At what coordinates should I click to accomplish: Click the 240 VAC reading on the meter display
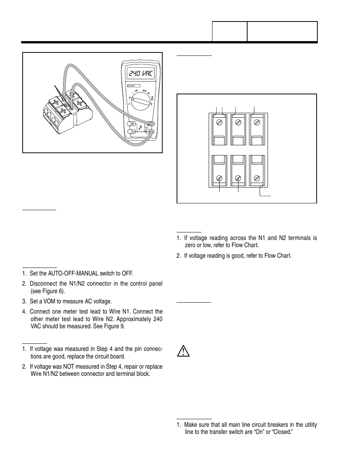point(140,74)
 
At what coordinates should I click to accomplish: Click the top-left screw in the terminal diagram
point(219,122)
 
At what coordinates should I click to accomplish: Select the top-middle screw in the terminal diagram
point(238,122)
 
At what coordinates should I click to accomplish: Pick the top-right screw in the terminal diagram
point(257,122)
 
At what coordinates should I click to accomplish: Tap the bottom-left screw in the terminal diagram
point(219,178)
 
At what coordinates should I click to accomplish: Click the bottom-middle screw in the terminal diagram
point(238,178)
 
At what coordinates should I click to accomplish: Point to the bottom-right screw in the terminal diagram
point(257,178)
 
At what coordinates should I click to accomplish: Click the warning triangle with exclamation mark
point(183,351)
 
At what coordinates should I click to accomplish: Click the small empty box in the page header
point(229,31)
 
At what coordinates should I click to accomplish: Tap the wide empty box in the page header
point(282,31)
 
